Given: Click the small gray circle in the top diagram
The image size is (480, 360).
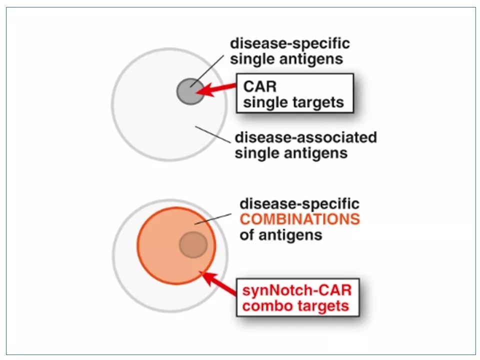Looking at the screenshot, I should (x=190, y=91).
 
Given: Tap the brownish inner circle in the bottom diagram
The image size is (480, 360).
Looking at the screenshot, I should (x=193, y=244).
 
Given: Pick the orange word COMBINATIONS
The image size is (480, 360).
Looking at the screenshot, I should (x=299, y=219).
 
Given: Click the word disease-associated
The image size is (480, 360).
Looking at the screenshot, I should (x=305, y=137).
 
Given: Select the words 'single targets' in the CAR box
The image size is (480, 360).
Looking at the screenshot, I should (x=293, y=102).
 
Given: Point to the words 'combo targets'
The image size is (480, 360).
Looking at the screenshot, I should (x=295, y=305).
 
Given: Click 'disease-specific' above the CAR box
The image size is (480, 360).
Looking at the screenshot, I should (x=289, y=43).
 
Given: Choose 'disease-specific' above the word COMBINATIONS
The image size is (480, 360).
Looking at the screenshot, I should (x=299, y=204).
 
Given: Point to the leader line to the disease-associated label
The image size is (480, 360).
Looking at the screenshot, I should (x=213, y=133).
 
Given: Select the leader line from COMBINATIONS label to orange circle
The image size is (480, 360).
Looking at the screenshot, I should (x=213, y=219).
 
